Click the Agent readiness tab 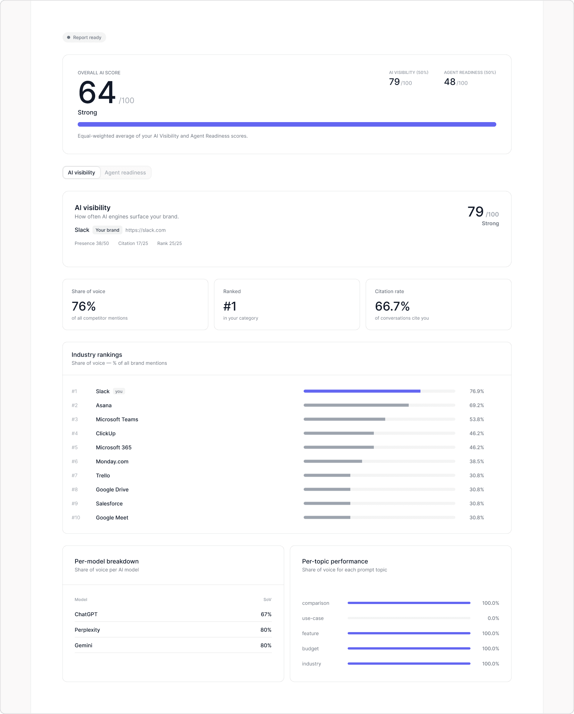[x=125, y=173]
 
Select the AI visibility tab [x=82, y=173]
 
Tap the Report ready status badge [x=84, y=38]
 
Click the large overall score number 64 [x=97, y=93]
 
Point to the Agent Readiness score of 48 [x=450, y=82]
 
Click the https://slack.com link [x=146, y=230]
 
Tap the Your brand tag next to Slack [x=107, y=230]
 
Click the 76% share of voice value [x=84, y=306]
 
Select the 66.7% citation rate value [x=392, y=306]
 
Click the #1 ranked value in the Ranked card [x=230, y=306]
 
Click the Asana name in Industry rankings [x=104, y=405]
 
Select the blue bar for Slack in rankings [x=362, y=391]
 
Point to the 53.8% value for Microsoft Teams [x=477, y=419]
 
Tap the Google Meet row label [x=112, y=518]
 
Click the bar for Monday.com [x=333, y=461]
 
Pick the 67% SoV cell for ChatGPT [x=266, y=614]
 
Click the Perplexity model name [x=87, y=630]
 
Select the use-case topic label [x=313, y=618]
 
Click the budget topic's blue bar [x=409, y=648]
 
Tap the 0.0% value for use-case [x=493, y=618]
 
